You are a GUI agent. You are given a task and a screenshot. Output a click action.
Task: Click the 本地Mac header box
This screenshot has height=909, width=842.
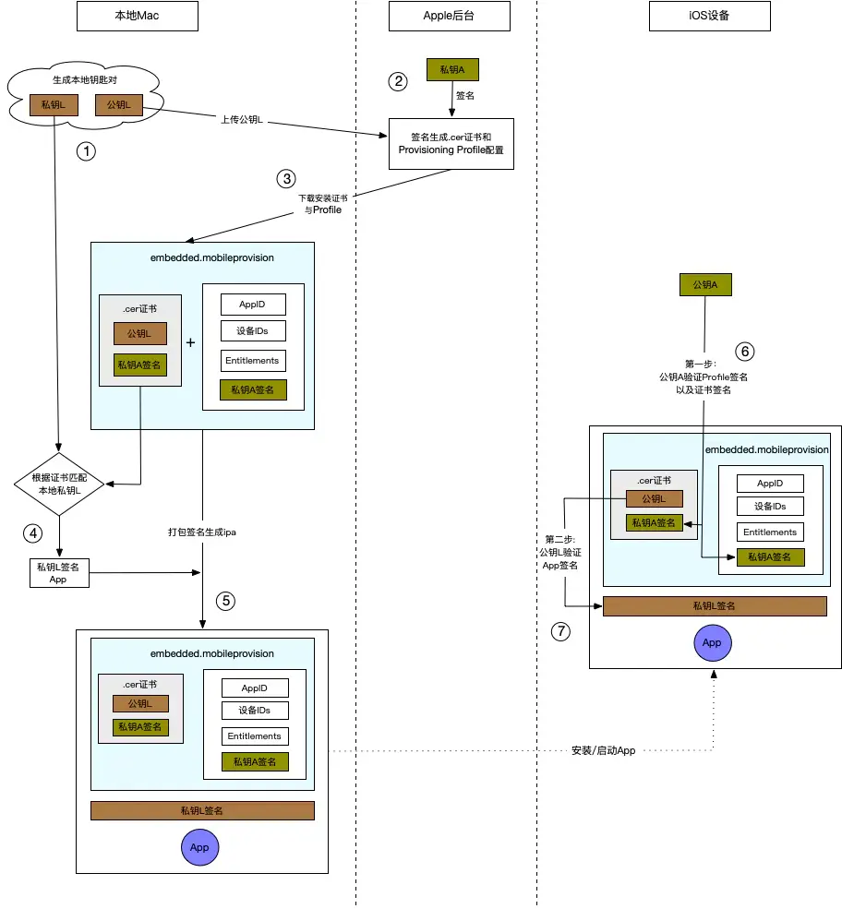click(138, 16)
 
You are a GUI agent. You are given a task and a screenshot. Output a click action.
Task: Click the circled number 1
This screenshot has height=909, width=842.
click(86, 151)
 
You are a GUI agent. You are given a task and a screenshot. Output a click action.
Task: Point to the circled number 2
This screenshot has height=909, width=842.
click(399, 81)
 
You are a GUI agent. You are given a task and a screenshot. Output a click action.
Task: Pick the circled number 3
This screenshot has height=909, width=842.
click(287, 177)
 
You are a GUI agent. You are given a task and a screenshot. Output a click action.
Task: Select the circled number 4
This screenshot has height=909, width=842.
click(33, 532)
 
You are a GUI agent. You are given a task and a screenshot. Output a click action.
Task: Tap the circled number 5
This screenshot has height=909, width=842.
click(226, 601)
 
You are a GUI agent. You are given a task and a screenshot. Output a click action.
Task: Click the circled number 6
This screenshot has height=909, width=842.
click(744, 351)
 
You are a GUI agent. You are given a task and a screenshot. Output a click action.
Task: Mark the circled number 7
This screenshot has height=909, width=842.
click(560, 632)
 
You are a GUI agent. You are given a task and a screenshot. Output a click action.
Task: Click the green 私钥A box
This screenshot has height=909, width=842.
click(451, 69)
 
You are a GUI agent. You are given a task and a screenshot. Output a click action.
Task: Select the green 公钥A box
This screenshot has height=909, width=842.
click(705, 285)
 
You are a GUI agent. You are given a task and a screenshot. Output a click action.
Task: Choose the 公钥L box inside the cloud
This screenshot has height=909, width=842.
click(119, 105)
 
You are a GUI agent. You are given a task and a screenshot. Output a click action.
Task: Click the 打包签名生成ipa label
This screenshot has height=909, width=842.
click(203, 532)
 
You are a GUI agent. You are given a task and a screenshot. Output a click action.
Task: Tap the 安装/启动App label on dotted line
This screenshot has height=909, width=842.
click(604, 751)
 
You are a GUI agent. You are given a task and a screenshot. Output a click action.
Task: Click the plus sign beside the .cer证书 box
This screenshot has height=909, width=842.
click(191, 342)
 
